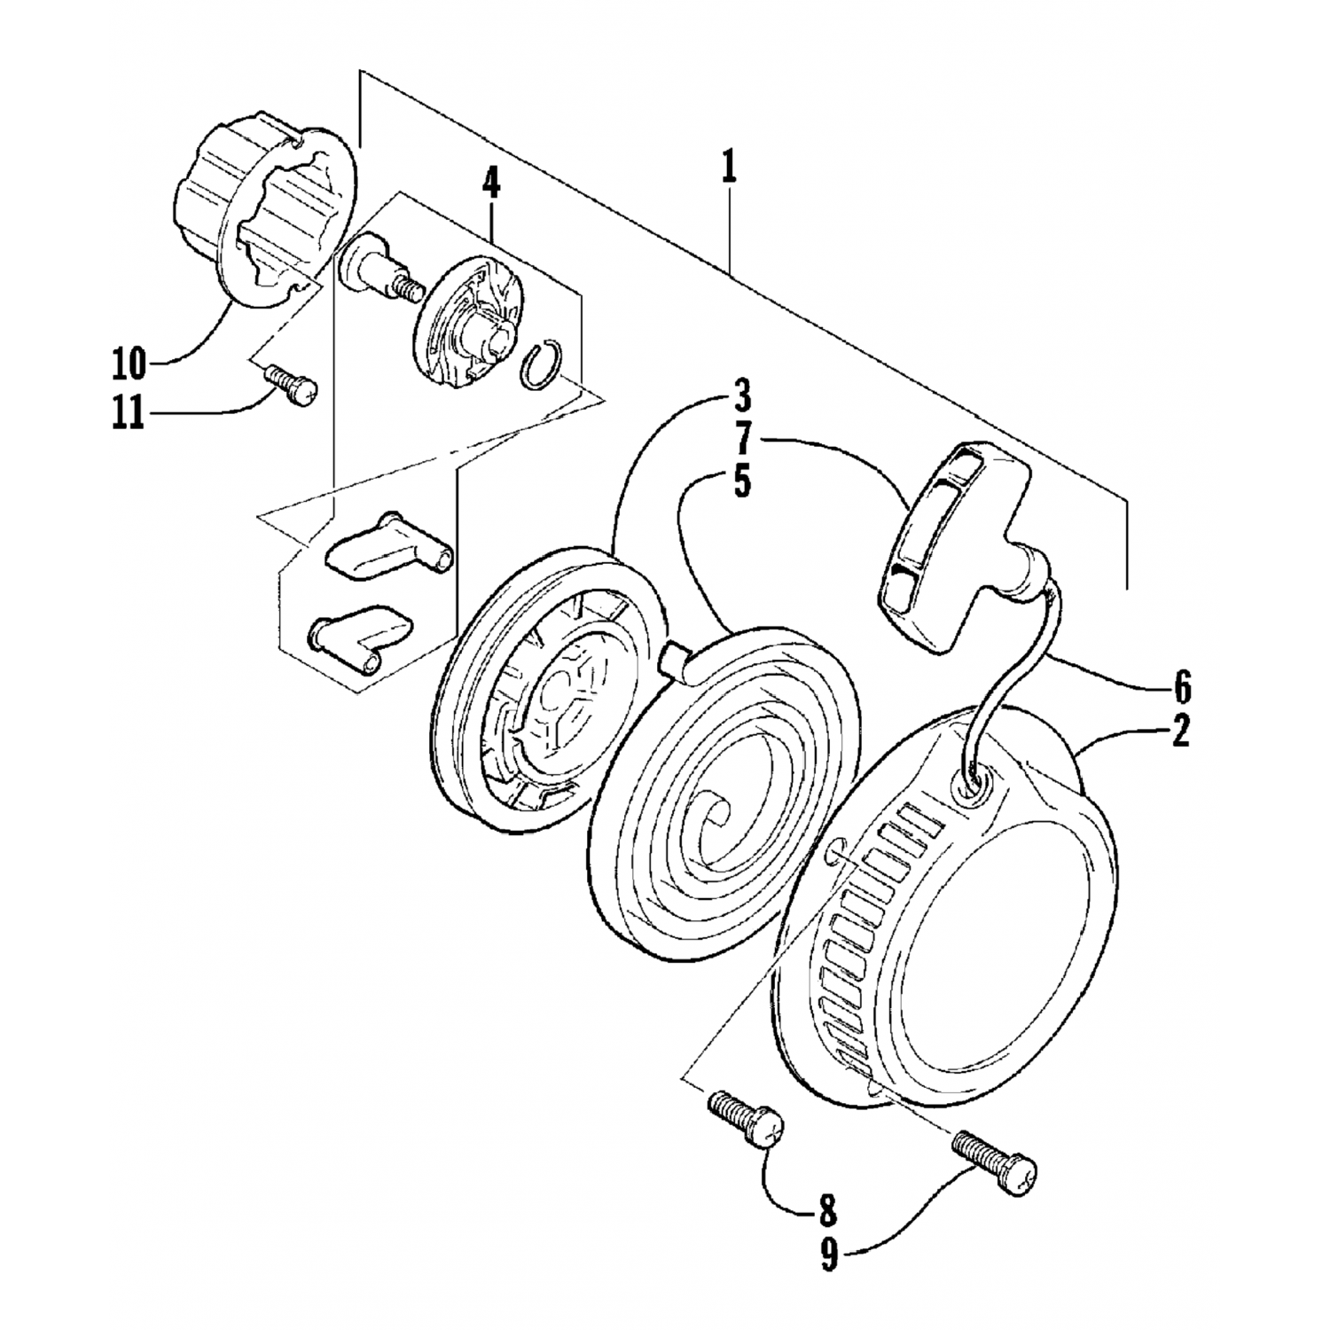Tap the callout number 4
490,184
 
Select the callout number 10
131,363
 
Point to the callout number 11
129,415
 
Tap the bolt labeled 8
747,1120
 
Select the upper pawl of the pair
388,546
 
